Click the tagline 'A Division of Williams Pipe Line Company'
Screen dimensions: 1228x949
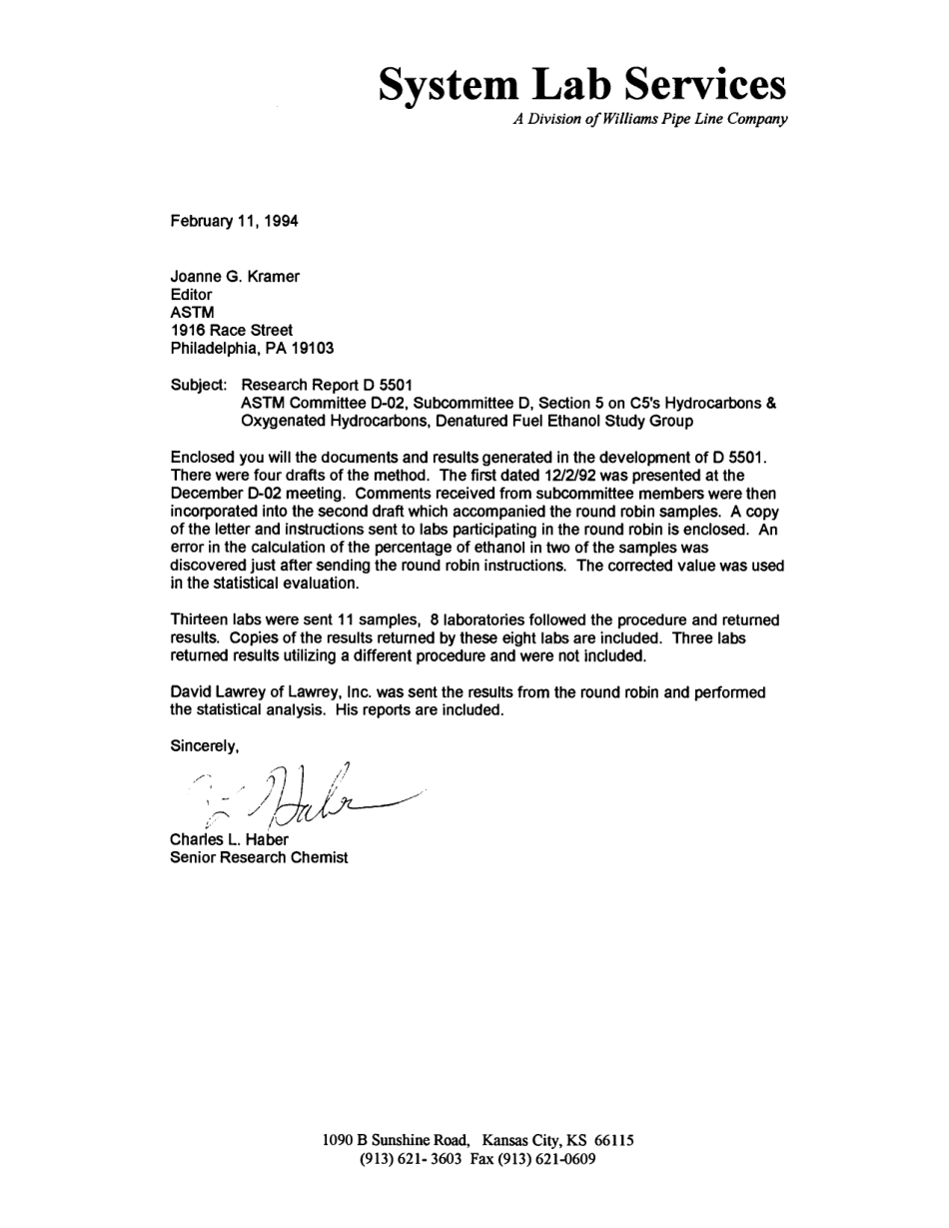pyautogui.click(x=650, y=120)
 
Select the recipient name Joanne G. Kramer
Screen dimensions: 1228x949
pyautogui.click(x=235, y=277)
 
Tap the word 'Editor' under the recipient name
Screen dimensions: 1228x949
pyautogui.click(x=192, y=295)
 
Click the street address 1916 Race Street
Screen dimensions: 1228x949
pyautogui.click(x=232, y=331)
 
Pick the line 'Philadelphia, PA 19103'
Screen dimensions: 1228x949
pyautogui.click(x=252, y=349)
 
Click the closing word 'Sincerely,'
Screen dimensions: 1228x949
pyautogui.click(x=205, y=746)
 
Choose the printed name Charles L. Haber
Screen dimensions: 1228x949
pyautogui.click(x=229, y=839)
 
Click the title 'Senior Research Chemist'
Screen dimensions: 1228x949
pyautogui.click(x=259, y=857)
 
